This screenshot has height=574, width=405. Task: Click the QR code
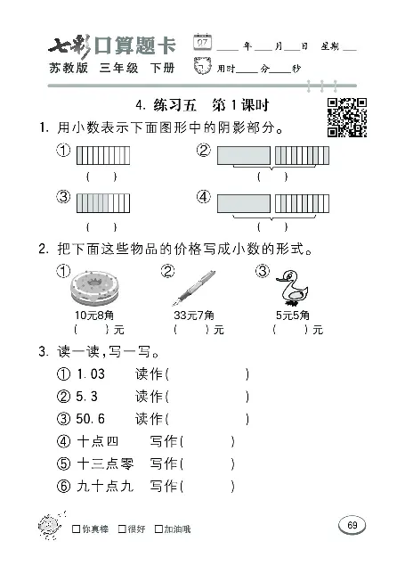[348, 117]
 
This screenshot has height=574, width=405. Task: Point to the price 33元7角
[192, 316]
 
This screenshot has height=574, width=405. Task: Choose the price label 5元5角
[293, 316]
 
